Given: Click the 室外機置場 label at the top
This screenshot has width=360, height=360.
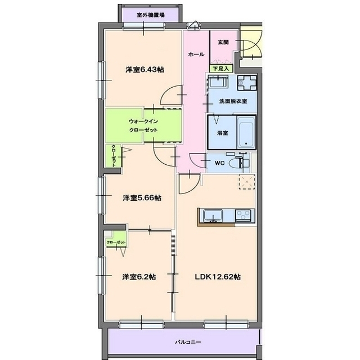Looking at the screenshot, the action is (150, 15).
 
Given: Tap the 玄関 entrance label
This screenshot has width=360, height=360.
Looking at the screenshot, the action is (223, 42).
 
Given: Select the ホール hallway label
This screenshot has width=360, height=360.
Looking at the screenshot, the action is (196, 55).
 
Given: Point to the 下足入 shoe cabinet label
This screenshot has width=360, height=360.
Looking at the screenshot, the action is (221, 69).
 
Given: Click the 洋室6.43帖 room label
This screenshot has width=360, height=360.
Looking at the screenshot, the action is (145, 69).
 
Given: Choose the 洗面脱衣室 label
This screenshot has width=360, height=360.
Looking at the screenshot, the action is (233, 101).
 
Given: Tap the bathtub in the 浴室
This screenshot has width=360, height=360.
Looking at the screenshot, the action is (246, 132).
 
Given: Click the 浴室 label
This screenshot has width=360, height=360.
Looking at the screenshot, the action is (222, 133).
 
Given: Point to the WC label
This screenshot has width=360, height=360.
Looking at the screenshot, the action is (219, 163).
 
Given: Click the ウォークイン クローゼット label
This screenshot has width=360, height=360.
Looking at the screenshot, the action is (143, 125).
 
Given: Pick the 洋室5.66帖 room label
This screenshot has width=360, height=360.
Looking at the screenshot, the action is (142, 197).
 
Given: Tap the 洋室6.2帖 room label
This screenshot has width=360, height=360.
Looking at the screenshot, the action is (139, 277).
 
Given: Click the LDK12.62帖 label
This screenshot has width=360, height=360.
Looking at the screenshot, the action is (218, 277).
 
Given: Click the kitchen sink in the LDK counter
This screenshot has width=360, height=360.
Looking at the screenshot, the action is (213, 215).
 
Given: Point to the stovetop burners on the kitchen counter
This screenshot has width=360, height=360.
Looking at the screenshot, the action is (245, 215).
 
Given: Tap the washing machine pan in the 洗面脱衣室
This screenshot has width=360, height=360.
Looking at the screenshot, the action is (247, 83).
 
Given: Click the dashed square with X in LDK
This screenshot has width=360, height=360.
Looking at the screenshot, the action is (247, 182).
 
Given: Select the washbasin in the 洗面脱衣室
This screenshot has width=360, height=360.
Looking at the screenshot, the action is (217, 82).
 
